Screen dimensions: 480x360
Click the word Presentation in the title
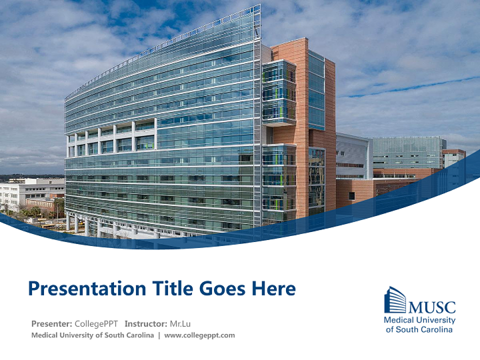point(87,288)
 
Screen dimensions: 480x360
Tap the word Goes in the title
point(222,288)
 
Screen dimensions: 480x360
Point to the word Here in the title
point(273,288)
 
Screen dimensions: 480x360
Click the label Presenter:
point(51,323)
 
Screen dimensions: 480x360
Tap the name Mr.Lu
point(180,323)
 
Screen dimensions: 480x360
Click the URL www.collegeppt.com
point(199,335)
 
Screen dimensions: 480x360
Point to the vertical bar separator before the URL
point(159,335)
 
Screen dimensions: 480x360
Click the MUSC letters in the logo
point(432,307)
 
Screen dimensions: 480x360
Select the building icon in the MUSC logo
point(395,299)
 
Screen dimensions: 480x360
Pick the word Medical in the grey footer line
point(44,335)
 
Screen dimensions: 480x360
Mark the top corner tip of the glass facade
point(260,5)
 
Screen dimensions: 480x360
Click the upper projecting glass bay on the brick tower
point(279,92)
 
